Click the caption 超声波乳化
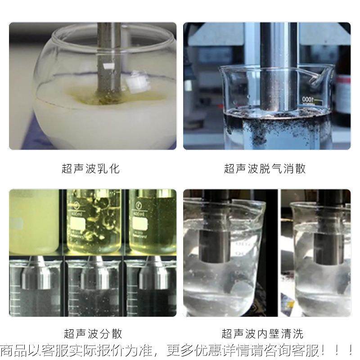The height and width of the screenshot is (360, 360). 90,169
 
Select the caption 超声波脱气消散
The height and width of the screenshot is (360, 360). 265,169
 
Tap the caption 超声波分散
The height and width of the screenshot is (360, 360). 93,334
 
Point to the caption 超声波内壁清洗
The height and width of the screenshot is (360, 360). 262,334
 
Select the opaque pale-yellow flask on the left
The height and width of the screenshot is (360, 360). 34,220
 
